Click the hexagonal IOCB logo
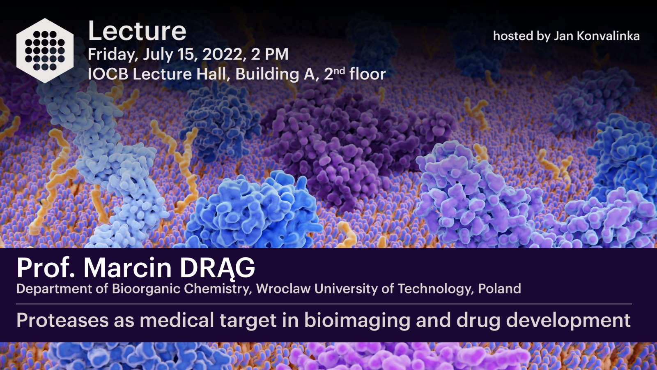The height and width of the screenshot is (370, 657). click(x=45, y=51)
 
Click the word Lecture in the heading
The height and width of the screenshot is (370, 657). click(x=137, y=31)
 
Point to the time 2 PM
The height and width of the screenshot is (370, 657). click(x=269, y=54)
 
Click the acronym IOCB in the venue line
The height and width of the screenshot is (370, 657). click(x=108, y=74)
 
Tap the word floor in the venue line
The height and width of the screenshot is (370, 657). click(x=367, y=74)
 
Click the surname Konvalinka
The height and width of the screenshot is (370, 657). click(x=608, y=36)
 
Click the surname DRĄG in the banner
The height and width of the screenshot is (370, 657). click(x=217, y=268)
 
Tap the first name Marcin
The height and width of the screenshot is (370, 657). click(x=127, y=268)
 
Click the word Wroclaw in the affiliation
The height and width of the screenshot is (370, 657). click(x=283, y=288)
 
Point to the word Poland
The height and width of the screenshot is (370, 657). click(x=499, y=288)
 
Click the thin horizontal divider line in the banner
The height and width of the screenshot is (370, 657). click(x=324, y=304)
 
